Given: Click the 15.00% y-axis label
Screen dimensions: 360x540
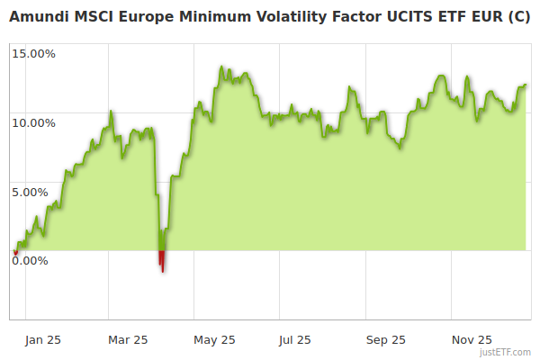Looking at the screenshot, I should [33, 53].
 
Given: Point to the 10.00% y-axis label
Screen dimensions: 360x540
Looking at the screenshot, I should [33, 122].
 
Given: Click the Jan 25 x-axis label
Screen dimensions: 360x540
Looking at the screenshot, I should [43, 340].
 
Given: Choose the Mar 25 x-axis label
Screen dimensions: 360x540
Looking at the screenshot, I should [128, 340].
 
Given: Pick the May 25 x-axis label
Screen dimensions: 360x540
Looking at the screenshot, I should [214, 340].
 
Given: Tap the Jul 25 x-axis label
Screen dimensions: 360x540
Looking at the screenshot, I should [295, 340].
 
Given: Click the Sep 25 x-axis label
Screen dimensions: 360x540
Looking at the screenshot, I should [386, 340].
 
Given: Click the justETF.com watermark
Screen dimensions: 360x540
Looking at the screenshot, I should [506, 353].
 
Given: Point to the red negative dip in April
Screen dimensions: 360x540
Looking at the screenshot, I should [162, 260].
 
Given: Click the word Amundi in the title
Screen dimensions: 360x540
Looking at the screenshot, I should [37, 15].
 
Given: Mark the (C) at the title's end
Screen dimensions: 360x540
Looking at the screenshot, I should [517, 15].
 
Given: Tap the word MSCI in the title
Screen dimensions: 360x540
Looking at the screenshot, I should [93, 15].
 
